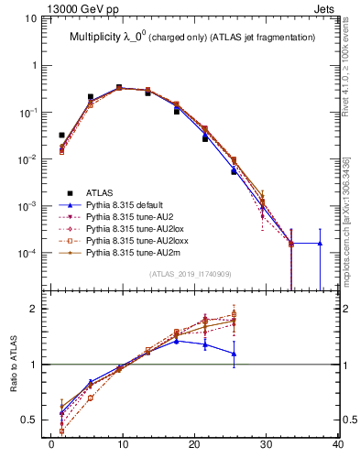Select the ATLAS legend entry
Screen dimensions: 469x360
point(100,192)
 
